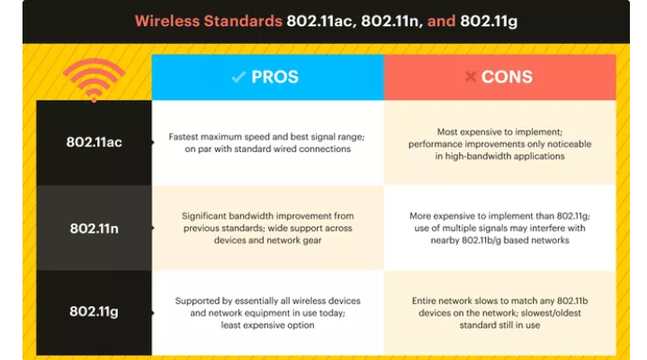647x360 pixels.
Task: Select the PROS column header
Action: click(267, 77)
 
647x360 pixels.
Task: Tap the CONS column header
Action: click(499, 77)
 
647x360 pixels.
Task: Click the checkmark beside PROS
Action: click(238, 77)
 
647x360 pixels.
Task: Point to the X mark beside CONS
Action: click(470, 77)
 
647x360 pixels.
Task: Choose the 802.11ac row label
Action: click(94, 142)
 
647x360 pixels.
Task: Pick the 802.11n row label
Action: click(94, 228)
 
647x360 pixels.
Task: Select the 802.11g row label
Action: click(94, 311)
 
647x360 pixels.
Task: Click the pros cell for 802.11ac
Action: click(267, 142)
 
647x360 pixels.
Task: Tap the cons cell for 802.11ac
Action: click(499, 142)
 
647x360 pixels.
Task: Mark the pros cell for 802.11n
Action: click(267, 228)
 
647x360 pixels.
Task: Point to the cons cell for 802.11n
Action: click(499, 228)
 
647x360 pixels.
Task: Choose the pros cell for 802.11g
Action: click(267, 311)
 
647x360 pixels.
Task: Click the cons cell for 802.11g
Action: click(499, 311)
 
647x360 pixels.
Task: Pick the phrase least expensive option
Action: click(267, 325)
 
